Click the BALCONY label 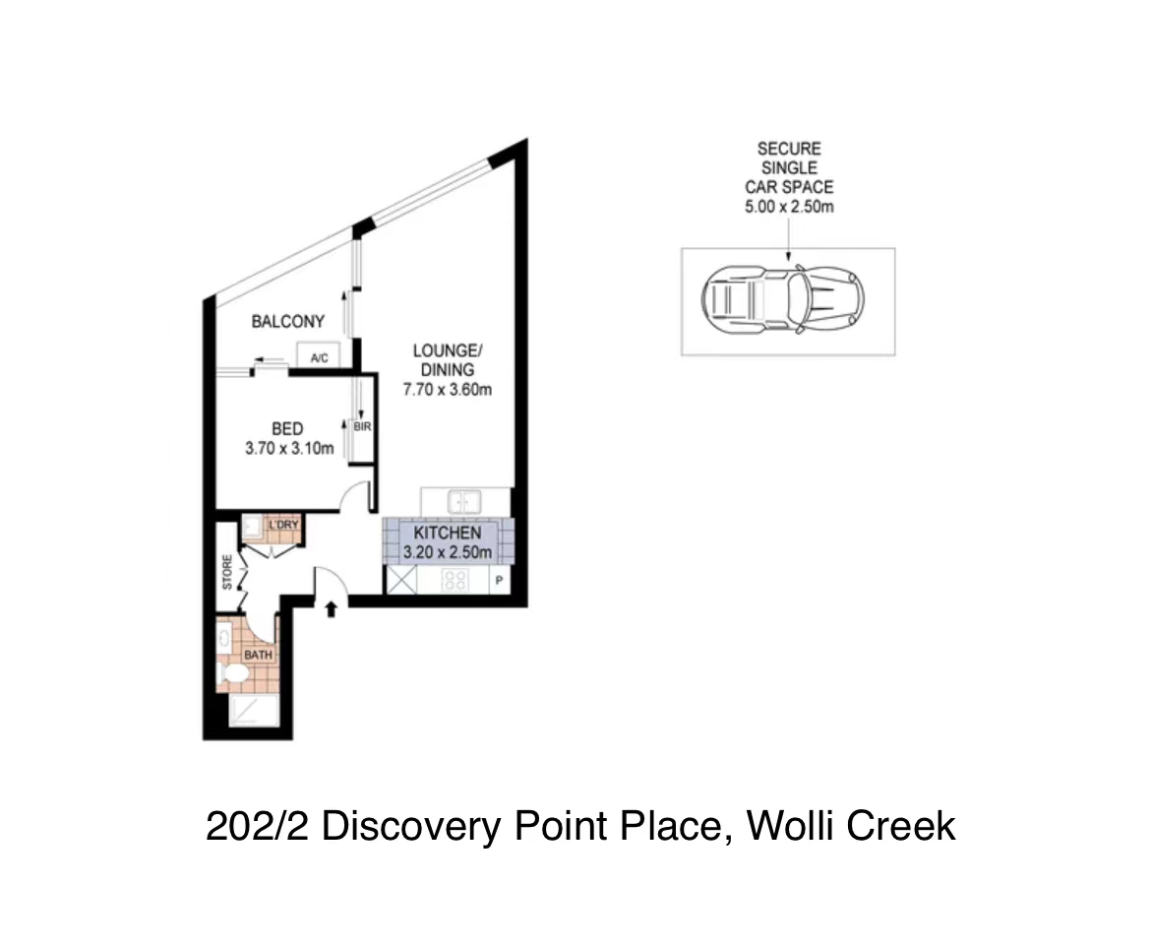(x=287, y=322)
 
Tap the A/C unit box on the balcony (x=318, y=355)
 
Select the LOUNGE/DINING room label (x=447, y=360)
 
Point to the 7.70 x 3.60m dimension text (x=447, y=390)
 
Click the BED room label (x=287, y=429)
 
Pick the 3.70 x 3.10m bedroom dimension (x=289, y=448)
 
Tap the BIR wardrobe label (x=363, y=426)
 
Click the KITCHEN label (x=447, y=534)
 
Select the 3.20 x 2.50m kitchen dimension (x=447, y=552)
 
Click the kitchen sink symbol (x=464, y=502)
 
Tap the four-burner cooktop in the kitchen (x=455, y=580)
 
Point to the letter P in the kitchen (x=499, y=581)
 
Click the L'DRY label (x=283, y=525)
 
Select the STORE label (x=227, y=572)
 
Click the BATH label (x=259, y=655)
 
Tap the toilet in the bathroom (x=234, y=672)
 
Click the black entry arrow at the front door (x=332, y=608)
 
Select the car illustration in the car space (x=782, y=300)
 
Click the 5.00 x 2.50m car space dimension (x=789, y=207)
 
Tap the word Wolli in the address (x=791, y=825)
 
